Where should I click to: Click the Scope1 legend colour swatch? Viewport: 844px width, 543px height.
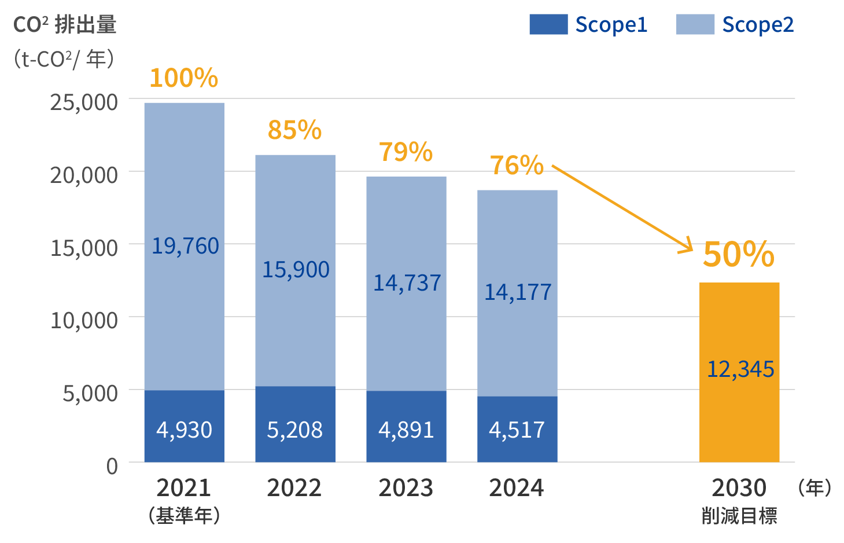[x=548, y=24]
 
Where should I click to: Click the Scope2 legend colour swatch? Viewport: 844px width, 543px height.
[x=695, y=24]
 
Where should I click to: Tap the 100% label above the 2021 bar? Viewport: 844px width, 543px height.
[x=183, y=78]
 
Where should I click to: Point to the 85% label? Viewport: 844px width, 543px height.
[x=294, y=130]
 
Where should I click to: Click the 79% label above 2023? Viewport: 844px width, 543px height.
[x=406, y=152]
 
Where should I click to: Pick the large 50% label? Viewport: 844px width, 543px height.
[x=738, y=254]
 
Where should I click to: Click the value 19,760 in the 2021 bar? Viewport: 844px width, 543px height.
[x=185, y=246]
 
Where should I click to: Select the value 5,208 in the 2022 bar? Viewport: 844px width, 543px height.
[x=294, y=430]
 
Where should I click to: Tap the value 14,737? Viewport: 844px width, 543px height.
[x=407, y=283]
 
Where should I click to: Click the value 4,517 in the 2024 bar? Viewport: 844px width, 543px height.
[x=517, y=430]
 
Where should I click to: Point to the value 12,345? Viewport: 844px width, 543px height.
[x=740, y=369]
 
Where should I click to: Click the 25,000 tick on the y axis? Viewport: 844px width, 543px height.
[x=84, y=102]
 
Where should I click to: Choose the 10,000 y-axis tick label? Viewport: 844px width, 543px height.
[x=84, y=320]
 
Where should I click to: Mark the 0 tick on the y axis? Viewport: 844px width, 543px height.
[x=112, y=465]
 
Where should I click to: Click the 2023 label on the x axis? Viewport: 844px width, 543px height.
[x=406, y=488]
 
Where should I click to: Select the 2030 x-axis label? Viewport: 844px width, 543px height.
[x=739, y=488]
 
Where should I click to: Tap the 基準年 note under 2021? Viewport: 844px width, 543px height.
[x=184, y=515]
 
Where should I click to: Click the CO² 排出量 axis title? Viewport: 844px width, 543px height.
[x=65, y=25]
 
